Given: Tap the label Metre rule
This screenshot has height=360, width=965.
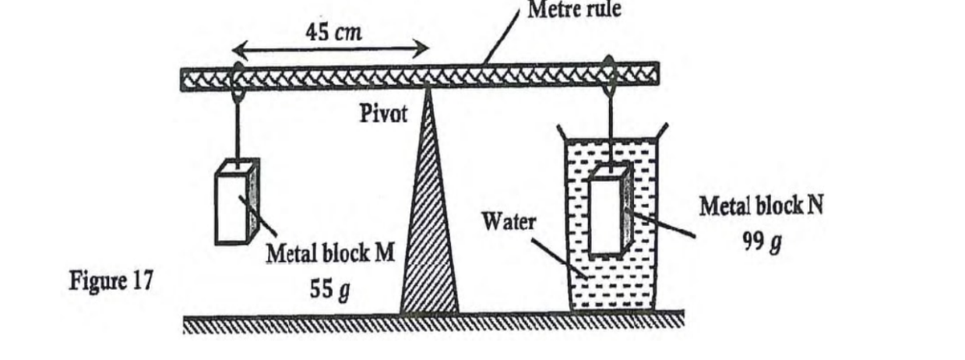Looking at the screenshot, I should click(x=575, y=10).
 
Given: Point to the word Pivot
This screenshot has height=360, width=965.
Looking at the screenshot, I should click(x=382, y=115).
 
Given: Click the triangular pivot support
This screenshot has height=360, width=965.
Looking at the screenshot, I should click(x=429, y=234).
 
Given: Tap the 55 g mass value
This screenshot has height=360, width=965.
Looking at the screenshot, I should click(x=330, y=289).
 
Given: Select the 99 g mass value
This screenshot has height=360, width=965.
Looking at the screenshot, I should click(x=762, y=242).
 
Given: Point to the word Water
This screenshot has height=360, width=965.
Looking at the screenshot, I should click(x=508, y=222).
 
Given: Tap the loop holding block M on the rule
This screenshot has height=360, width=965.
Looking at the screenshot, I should click(x=237, y=78).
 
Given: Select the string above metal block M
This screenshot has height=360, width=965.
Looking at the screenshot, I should click(x=236, y=129).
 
